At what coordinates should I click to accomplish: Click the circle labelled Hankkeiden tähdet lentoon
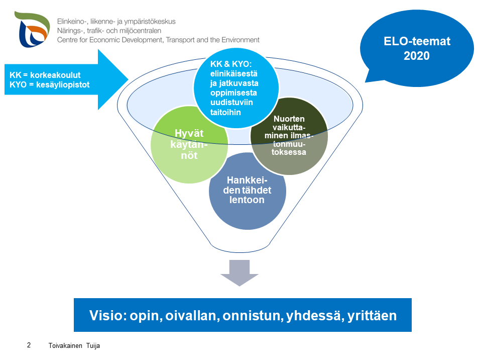[x=248, y=191]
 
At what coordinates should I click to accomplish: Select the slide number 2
[x=29, y=345]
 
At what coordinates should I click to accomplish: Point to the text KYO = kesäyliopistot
[x=49, y=84]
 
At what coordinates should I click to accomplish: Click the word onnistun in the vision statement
[x=254, y=315]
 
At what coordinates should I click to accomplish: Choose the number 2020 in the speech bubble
[x=417, y=56]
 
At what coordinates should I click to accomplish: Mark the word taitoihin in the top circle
[x=225, y=113]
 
